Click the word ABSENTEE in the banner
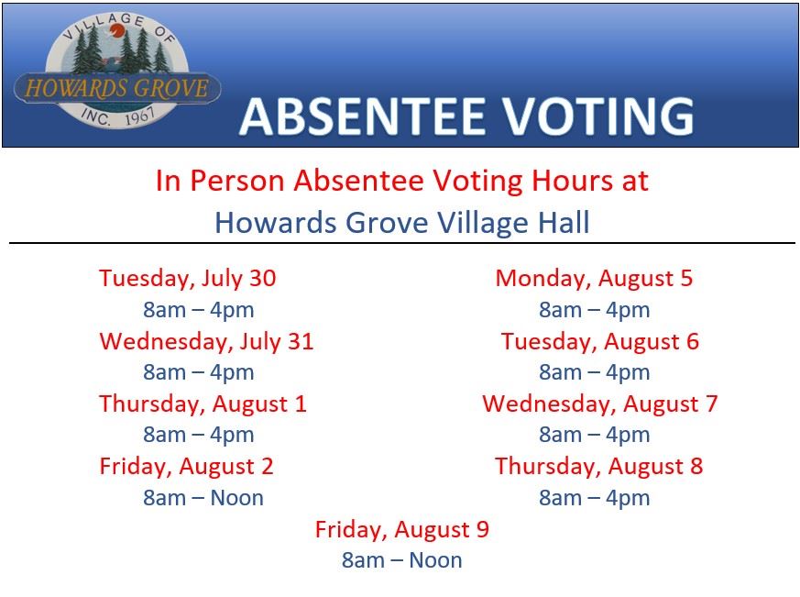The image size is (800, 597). (x=361, y=116)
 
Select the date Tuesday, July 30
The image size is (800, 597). (x=188, y=279)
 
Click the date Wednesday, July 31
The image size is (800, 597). (x=206, y=342)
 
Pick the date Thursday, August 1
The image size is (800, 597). (x=203, y=404)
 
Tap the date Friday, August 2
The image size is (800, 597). (x=187, y=467)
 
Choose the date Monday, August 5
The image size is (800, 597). (x=595, y=279)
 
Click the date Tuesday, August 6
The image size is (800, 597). (x=600, y=342)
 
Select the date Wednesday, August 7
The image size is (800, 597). (x=600, y=404)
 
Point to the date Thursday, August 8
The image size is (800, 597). (x=599, y=467)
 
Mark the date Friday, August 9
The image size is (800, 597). (x=402, y=529)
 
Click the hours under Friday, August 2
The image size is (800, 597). (x=203, y=498)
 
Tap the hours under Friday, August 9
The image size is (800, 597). (x=402, y=560)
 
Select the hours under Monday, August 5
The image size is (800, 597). (x=595, y=310)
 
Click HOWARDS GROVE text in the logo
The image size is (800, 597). (x=116, y=88)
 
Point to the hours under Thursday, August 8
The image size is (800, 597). (x=595, y=498)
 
